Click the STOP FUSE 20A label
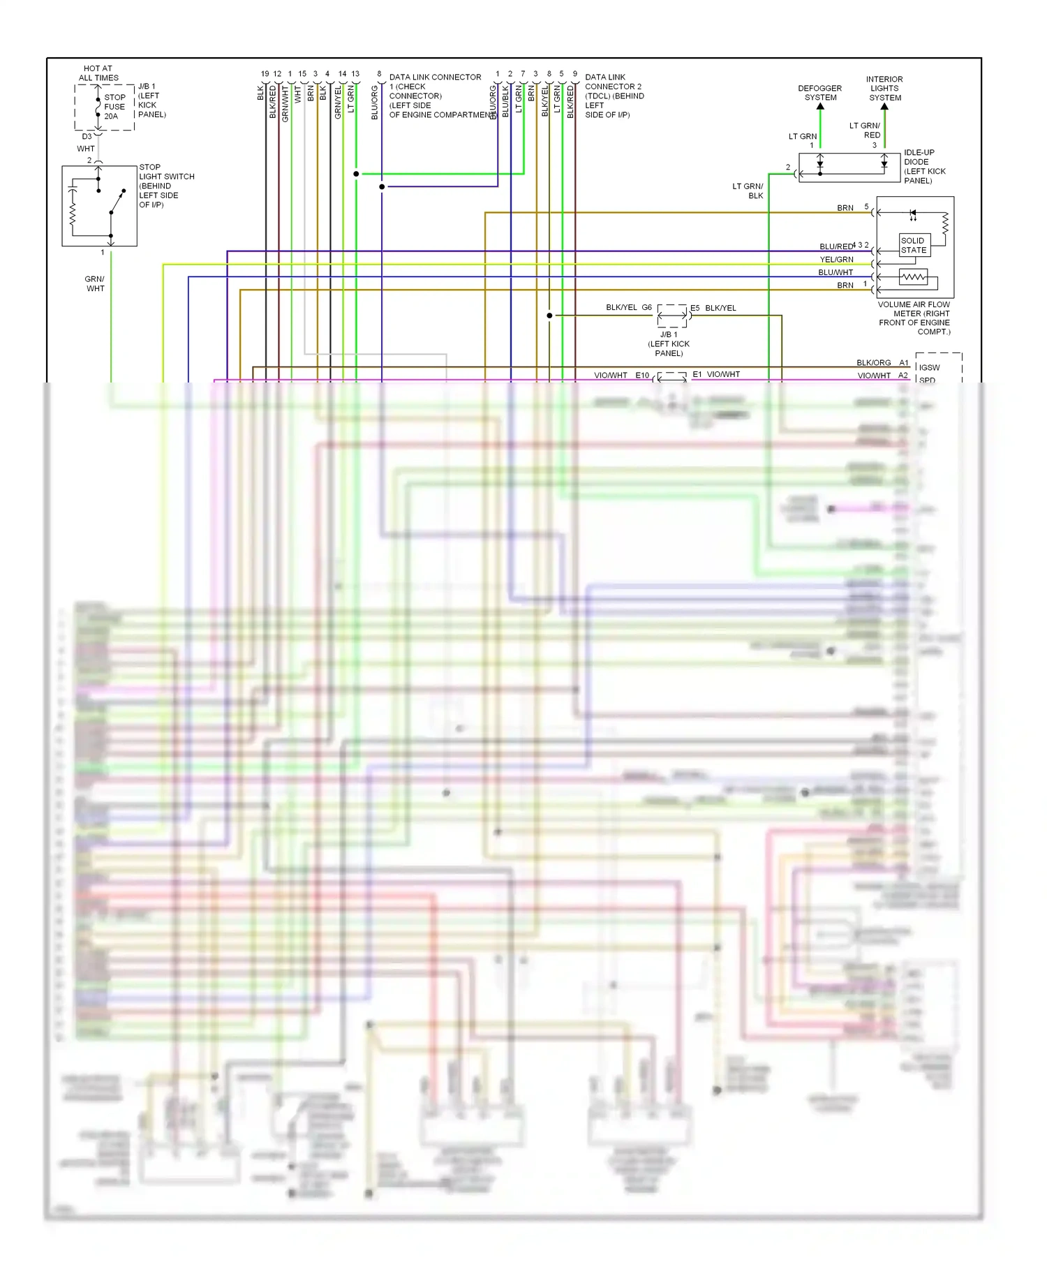tap(114, 107)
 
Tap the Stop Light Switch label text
tap(166, 186)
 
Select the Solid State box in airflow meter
tap(914, 245)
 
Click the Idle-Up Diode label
tap(924, 166)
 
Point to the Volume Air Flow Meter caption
tap(914, 318)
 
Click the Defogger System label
tap(820, 93)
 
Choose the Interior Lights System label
tap(884, 89)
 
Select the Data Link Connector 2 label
tap(614, 96)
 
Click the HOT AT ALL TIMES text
tap(98, 73)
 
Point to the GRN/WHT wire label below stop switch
tap(95, 283)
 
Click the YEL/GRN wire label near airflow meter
tap(836, 260)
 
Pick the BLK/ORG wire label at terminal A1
tap(873, 363)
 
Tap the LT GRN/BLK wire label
tap(748, 191)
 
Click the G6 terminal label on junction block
tap(646, 308)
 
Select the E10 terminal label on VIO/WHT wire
tap(642, 376)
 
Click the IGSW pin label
tap(929, 368)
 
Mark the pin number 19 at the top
tap(265, 74)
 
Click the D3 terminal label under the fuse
tap(87, 137)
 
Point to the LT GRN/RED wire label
tap(865, 131)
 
